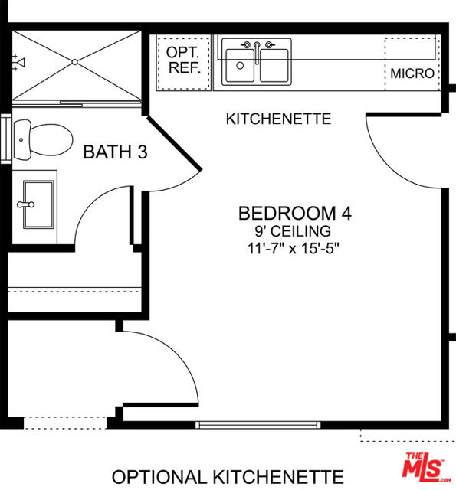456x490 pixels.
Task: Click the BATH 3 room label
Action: coord(114,152)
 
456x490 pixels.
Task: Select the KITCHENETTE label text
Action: coord(278,119)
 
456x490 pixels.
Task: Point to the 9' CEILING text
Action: coord(294,230)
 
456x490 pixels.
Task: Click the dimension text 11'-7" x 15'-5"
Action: coord(294,247)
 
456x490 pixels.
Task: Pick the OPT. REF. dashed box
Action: coord(184,62)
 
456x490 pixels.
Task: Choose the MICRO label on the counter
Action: coord(412,73)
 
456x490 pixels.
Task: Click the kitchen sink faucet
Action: coord(258,47)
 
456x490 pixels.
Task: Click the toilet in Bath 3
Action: coord(42,139)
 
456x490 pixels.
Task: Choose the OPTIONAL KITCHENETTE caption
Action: coord(228,476)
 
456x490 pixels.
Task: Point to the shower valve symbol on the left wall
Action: coord(19,62)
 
